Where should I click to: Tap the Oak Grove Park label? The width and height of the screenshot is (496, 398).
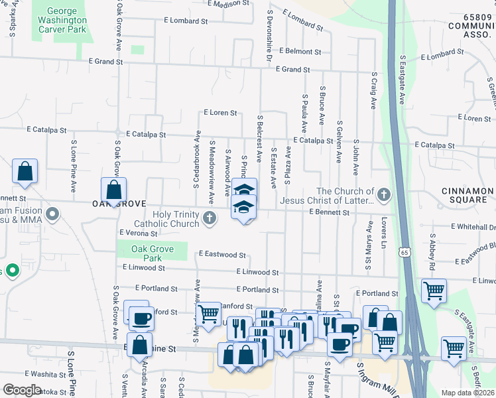pyautogui.click(x=152, y=253)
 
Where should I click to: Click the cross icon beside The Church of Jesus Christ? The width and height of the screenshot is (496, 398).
pyautogui.click(x=383, y=195)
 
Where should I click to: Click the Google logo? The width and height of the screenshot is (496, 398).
pyautogui.click(x=23, y=389)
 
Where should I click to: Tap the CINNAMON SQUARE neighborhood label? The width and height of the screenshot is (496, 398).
pyautogui.click(x=464, y=195)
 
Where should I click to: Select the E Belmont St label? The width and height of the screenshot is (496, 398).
pyautogui.click(x=300, y=51)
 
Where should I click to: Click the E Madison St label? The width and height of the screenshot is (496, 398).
pyautogui.click(x=228, y=3)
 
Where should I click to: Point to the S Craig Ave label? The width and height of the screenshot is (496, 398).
pyautogui.click(x=374, y=91)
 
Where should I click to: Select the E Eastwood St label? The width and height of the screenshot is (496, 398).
pyautogui.click(x=222, y=254)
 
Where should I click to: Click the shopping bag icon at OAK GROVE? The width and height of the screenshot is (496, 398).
pyautogui.click(x=114, y=190)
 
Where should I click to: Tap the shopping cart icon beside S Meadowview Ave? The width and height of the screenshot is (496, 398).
pyautogui.click(x=208, y=314)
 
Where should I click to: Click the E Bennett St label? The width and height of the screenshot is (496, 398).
pyautogui.click(x=329, y=212)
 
